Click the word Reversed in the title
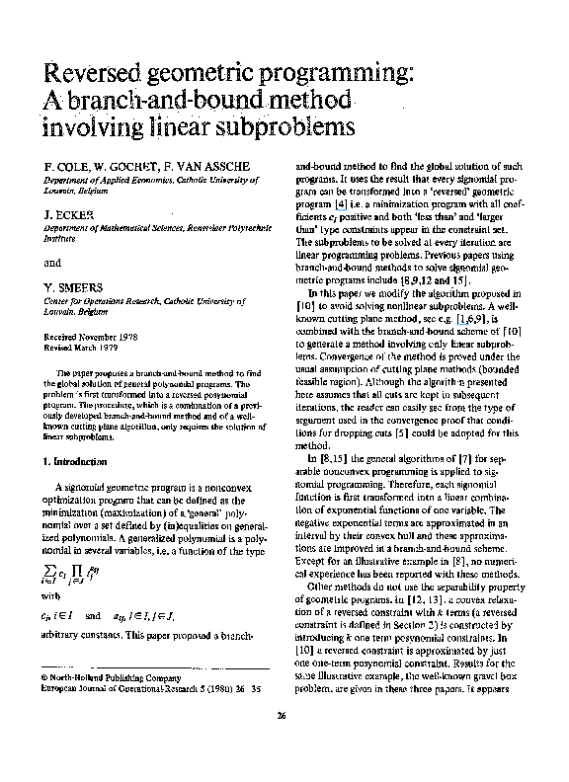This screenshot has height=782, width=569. pyautogui.click(x=93, y=74)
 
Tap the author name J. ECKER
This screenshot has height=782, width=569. pyautogui.click(x=67, y=213)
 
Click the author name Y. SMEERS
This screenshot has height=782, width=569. pyautogui.click(x=71, y=287)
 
